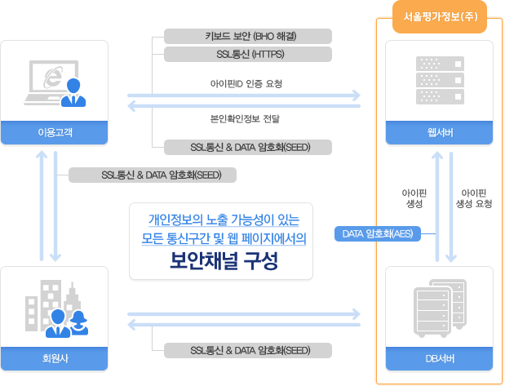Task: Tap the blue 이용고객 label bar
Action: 55,132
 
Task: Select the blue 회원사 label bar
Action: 55,358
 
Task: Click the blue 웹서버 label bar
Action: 441,132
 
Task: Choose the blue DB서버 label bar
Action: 441,358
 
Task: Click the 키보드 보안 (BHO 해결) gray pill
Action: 248,36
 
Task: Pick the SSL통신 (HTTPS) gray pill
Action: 248,55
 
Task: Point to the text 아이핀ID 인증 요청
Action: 245,83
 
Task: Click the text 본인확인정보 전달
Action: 245,119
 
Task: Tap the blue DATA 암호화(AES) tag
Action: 378,235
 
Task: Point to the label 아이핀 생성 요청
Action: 474,197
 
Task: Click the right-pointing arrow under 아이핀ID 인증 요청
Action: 245,95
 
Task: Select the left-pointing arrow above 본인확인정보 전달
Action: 245,104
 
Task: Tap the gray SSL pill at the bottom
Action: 248,351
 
